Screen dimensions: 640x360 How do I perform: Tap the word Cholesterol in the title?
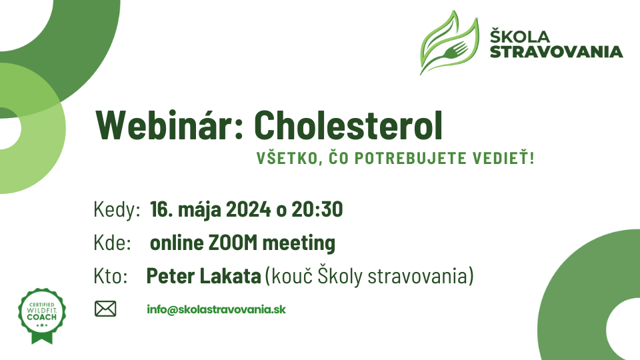(348, 125)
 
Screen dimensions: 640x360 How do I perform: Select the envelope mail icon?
(105, 309)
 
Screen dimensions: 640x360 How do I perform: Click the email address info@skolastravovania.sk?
(216, 309)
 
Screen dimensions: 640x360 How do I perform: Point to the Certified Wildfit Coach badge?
(42, 315)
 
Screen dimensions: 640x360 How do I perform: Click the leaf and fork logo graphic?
(449, 43)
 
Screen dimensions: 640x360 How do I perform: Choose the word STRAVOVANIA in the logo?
(556, 52)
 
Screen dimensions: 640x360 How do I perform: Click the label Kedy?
(117, 210)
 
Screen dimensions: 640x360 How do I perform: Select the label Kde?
(112, 243)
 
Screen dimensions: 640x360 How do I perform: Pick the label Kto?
(111, 276)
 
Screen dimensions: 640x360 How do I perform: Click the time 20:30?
(317, 209)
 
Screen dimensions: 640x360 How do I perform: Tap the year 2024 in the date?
(248, 209)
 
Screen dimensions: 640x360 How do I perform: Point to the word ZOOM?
(233, 243)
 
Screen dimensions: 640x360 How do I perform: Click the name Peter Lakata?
(204, 276)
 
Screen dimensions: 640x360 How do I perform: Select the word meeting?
(299, 243)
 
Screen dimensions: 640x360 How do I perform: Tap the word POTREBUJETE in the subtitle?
(410, 159)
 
